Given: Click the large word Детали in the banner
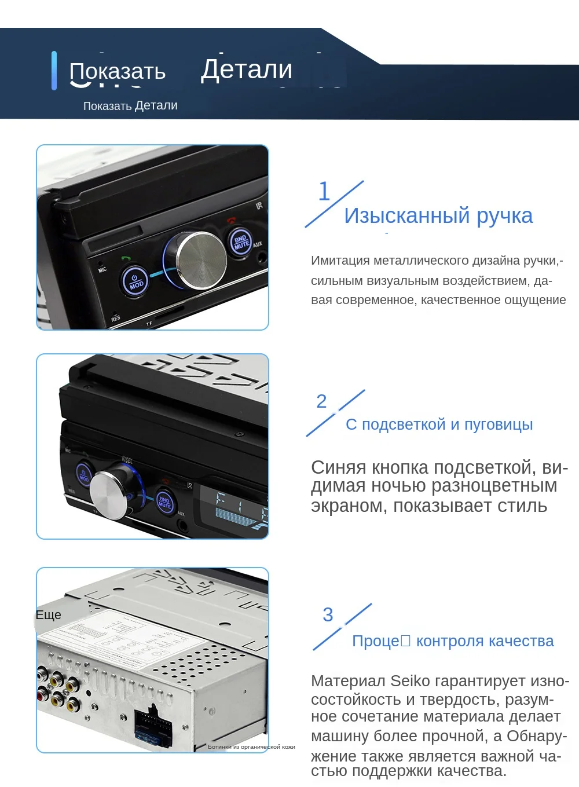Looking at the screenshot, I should (247, 69).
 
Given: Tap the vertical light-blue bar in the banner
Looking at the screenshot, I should (54, 71).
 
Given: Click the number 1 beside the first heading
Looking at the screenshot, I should (324, 192).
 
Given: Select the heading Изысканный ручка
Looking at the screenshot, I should (438, 215).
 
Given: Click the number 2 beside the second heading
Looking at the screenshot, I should (322, 401).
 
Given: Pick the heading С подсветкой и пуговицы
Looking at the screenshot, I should (439, 424).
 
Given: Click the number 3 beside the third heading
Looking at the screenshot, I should (328, 614).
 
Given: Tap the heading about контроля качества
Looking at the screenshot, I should (453, 641).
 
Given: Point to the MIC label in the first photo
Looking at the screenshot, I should (102, 269).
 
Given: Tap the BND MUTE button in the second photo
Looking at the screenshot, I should (165, 502).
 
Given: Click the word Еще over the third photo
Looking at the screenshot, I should (49, 615).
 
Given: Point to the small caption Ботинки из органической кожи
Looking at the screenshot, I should (251, 747).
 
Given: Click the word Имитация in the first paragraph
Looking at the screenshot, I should (340, 261).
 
